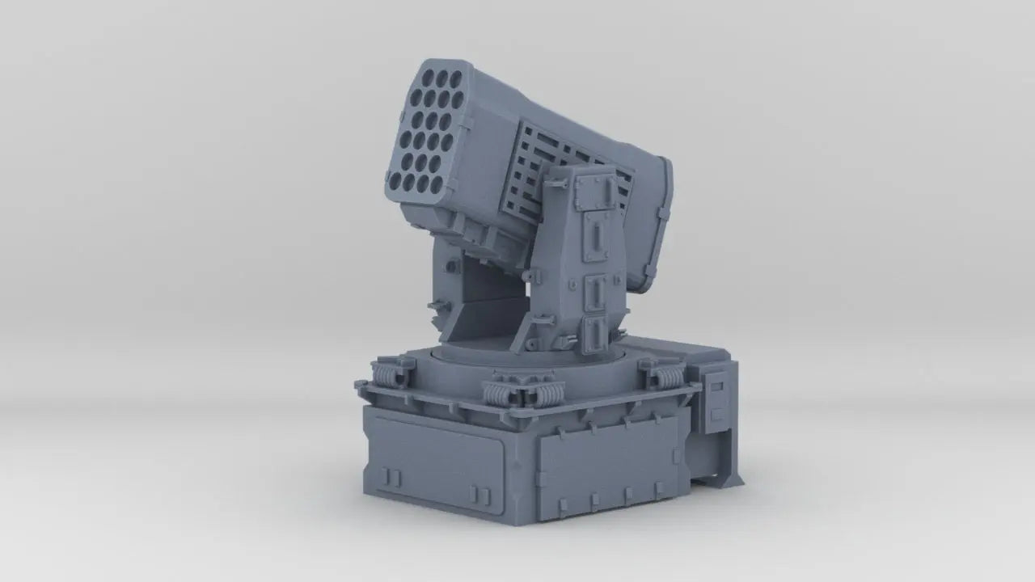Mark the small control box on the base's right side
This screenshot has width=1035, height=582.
pyautogui.click(x=715, y=396)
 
